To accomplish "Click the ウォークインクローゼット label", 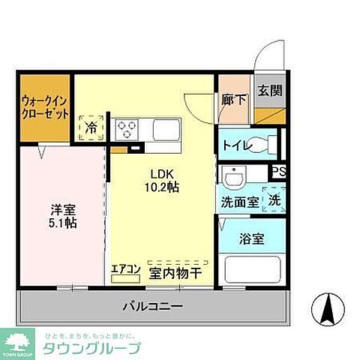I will coord(45,107).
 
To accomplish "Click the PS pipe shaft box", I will coord(278,171).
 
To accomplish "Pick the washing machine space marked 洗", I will coord(274,201).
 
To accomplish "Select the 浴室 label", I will coord(250,241).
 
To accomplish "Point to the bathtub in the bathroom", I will coord(253,271).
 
